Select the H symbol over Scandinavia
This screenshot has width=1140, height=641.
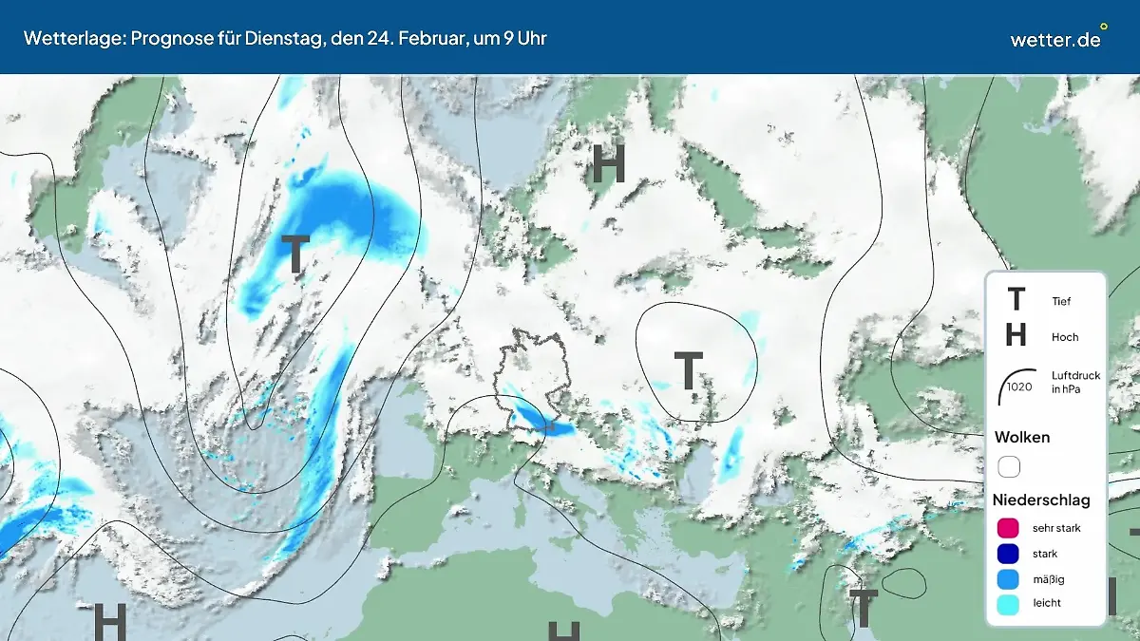point(608,164)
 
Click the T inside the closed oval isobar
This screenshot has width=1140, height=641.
point(688,370)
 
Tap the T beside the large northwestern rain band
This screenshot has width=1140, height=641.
point(295,255)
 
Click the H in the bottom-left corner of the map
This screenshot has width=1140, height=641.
point(109,622)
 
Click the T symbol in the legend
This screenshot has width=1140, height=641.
point(1016,300)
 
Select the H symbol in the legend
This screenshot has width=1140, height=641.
point(1016,335)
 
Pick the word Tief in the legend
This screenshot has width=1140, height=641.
point(1061,301)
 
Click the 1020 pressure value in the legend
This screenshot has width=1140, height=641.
point(1019,386)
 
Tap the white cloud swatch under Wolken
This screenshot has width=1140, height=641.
point(1008,467)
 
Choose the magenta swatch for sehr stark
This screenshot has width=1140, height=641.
point(1008,528)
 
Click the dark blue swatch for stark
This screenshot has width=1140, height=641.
point(1008,554)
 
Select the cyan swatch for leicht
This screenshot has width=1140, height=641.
point(1008,603)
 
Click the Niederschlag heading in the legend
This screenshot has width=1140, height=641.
point(1041,500)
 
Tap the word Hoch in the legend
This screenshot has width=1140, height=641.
point(1065,337)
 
